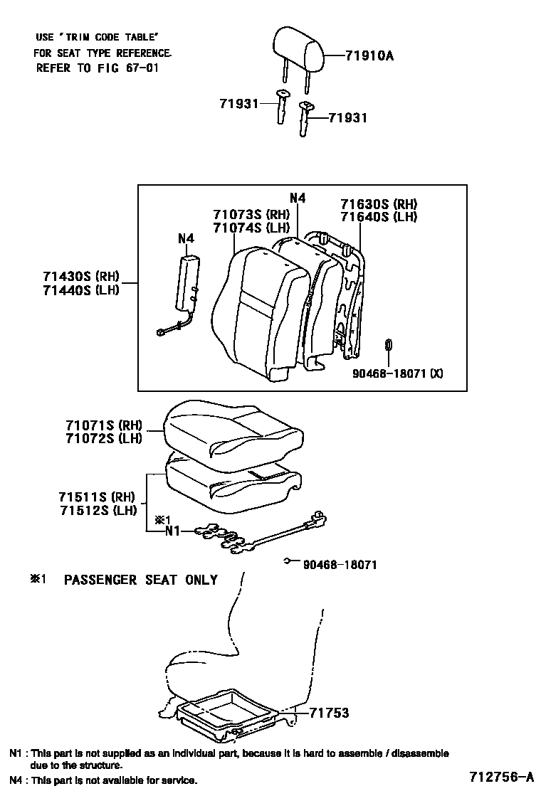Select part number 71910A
point(369,55)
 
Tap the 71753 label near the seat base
point(329,712)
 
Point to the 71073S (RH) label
point(251,215)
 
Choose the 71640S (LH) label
point(379,217)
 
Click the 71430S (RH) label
point(80,277)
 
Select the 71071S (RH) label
point(103,425)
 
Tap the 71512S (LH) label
point(98,510)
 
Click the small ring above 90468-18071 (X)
point(389,345)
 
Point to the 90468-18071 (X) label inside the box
point(398,374)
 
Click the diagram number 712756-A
point(501,776)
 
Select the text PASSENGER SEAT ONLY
point(141,580)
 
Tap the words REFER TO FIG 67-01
point(98,68)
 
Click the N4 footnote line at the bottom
point(103,780)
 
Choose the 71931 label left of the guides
point(238,103)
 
